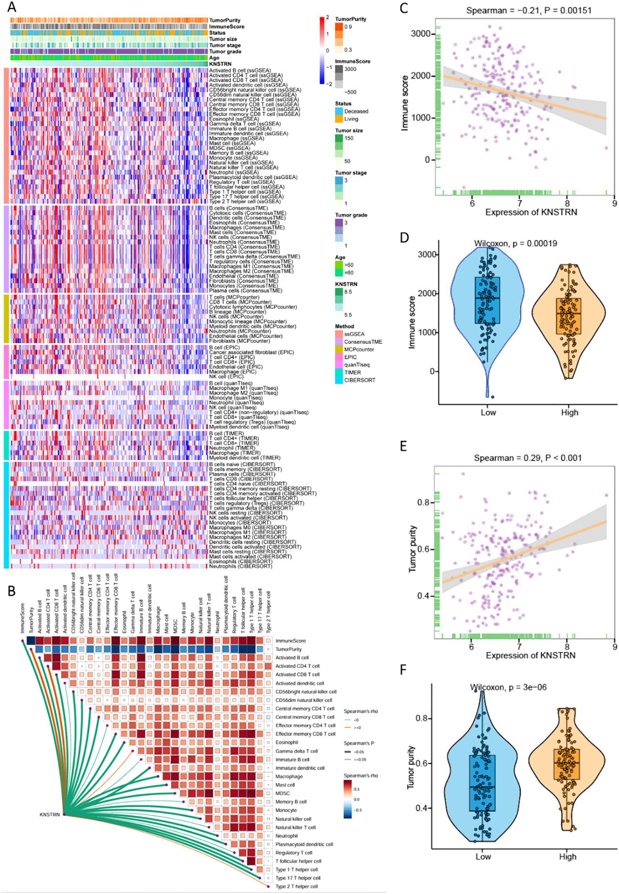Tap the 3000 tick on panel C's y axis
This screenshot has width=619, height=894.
(x=420, y=34)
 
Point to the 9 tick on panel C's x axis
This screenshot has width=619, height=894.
(x=614, y=203)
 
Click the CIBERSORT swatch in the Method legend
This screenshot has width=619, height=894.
(x=339, y=380)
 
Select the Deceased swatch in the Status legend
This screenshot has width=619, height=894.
(x=339, y=111)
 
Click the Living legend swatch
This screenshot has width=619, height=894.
(x=339, y=119)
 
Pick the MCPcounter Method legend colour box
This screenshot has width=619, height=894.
(x=339, y=349)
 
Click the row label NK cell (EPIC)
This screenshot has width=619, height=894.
(x=226, y=376)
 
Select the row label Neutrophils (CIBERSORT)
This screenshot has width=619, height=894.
(x=240, y=566)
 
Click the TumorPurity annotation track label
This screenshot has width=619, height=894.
(x=225, y=20)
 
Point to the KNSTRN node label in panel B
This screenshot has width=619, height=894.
(x=50, y=814)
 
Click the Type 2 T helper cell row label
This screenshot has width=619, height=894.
(x=296, y=886)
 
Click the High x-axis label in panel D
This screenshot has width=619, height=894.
(x=569, y=412)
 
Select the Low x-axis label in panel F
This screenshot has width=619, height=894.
(x=483, y=857)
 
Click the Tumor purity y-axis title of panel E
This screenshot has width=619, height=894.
(x=412, y=549)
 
